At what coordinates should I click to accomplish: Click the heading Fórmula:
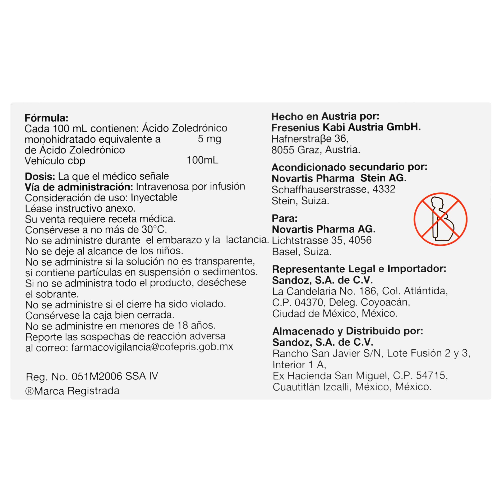[x=46, y=118]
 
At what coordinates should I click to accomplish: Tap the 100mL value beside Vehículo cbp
[x=202, y=160]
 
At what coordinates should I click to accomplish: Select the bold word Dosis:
[x=40, y=176]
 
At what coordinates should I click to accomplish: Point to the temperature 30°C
[x=154, y=229]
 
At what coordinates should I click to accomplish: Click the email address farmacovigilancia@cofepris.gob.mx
[x=152, y=347]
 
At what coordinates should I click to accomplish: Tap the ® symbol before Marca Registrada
[x=29, y=391]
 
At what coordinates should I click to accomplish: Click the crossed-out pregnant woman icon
[x=440, y=219]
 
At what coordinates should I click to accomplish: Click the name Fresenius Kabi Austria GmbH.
[x=346, y=127]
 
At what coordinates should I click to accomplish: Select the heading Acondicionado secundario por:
[x=349, y=167]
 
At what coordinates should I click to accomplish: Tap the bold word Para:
[x=285, y=218]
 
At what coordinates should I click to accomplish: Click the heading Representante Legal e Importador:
[x=359, y=269]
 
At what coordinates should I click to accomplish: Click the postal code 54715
[x=430, y=375]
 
